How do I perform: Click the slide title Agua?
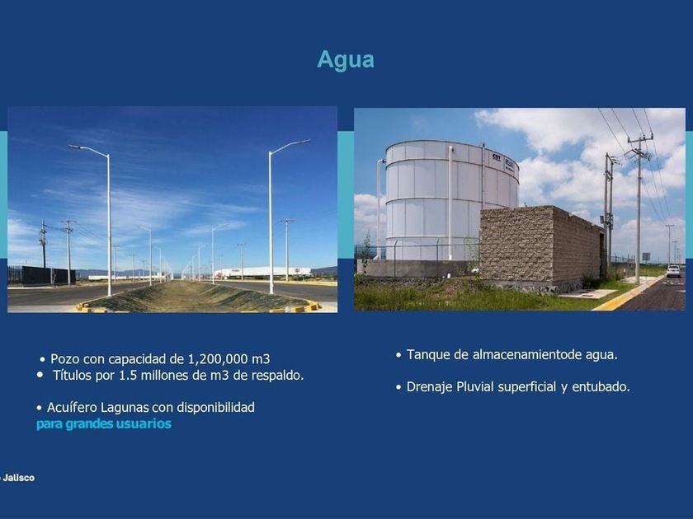[x=346, y=59]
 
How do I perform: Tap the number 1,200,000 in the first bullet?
[x=218, y=359]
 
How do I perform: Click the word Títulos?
[x=70, y=375]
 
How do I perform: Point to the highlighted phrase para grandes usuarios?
[x=104, y=424]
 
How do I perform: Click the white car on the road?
[x=673, y=270]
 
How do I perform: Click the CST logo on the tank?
[x=496, y=157]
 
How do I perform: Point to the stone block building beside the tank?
[x=541, y=246]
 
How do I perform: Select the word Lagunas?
[x=125, y=407]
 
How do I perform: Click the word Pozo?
[x=65, y=359]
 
